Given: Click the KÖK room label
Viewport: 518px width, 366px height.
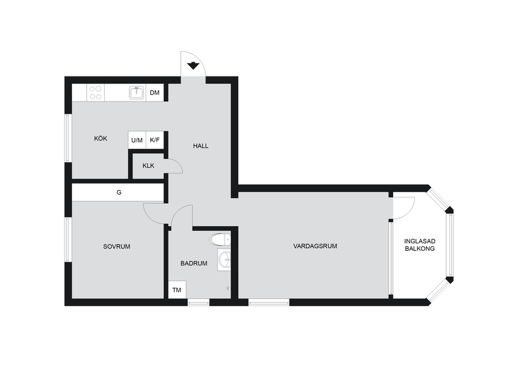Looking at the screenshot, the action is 100,139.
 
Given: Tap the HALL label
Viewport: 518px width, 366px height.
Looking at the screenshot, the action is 200,146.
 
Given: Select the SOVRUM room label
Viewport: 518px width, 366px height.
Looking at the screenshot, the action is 117,246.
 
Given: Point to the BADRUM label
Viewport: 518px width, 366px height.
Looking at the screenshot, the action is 193,263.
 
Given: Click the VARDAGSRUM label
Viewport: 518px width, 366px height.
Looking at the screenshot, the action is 315,246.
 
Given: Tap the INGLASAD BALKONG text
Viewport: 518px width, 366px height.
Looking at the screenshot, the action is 420,245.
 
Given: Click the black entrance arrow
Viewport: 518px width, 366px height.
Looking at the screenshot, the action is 193,66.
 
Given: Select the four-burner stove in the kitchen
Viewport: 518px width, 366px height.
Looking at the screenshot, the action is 96,93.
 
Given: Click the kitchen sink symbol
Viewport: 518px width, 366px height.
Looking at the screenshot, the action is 136,93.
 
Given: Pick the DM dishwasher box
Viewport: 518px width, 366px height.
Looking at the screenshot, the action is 155,93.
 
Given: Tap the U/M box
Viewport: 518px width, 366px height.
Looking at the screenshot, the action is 137,140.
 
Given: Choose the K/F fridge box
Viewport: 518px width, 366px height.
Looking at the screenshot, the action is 155,140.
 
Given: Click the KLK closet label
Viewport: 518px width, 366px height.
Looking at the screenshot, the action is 148,166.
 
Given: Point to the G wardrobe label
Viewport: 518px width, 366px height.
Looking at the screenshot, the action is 119,192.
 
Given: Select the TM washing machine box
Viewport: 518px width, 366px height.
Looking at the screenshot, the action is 177,290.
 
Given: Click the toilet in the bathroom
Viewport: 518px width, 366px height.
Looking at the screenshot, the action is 220,239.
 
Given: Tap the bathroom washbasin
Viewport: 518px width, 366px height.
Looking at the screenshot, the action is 224,260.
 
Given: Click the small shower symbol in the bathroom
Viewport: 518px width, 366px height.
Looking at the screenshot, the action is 228,288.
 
